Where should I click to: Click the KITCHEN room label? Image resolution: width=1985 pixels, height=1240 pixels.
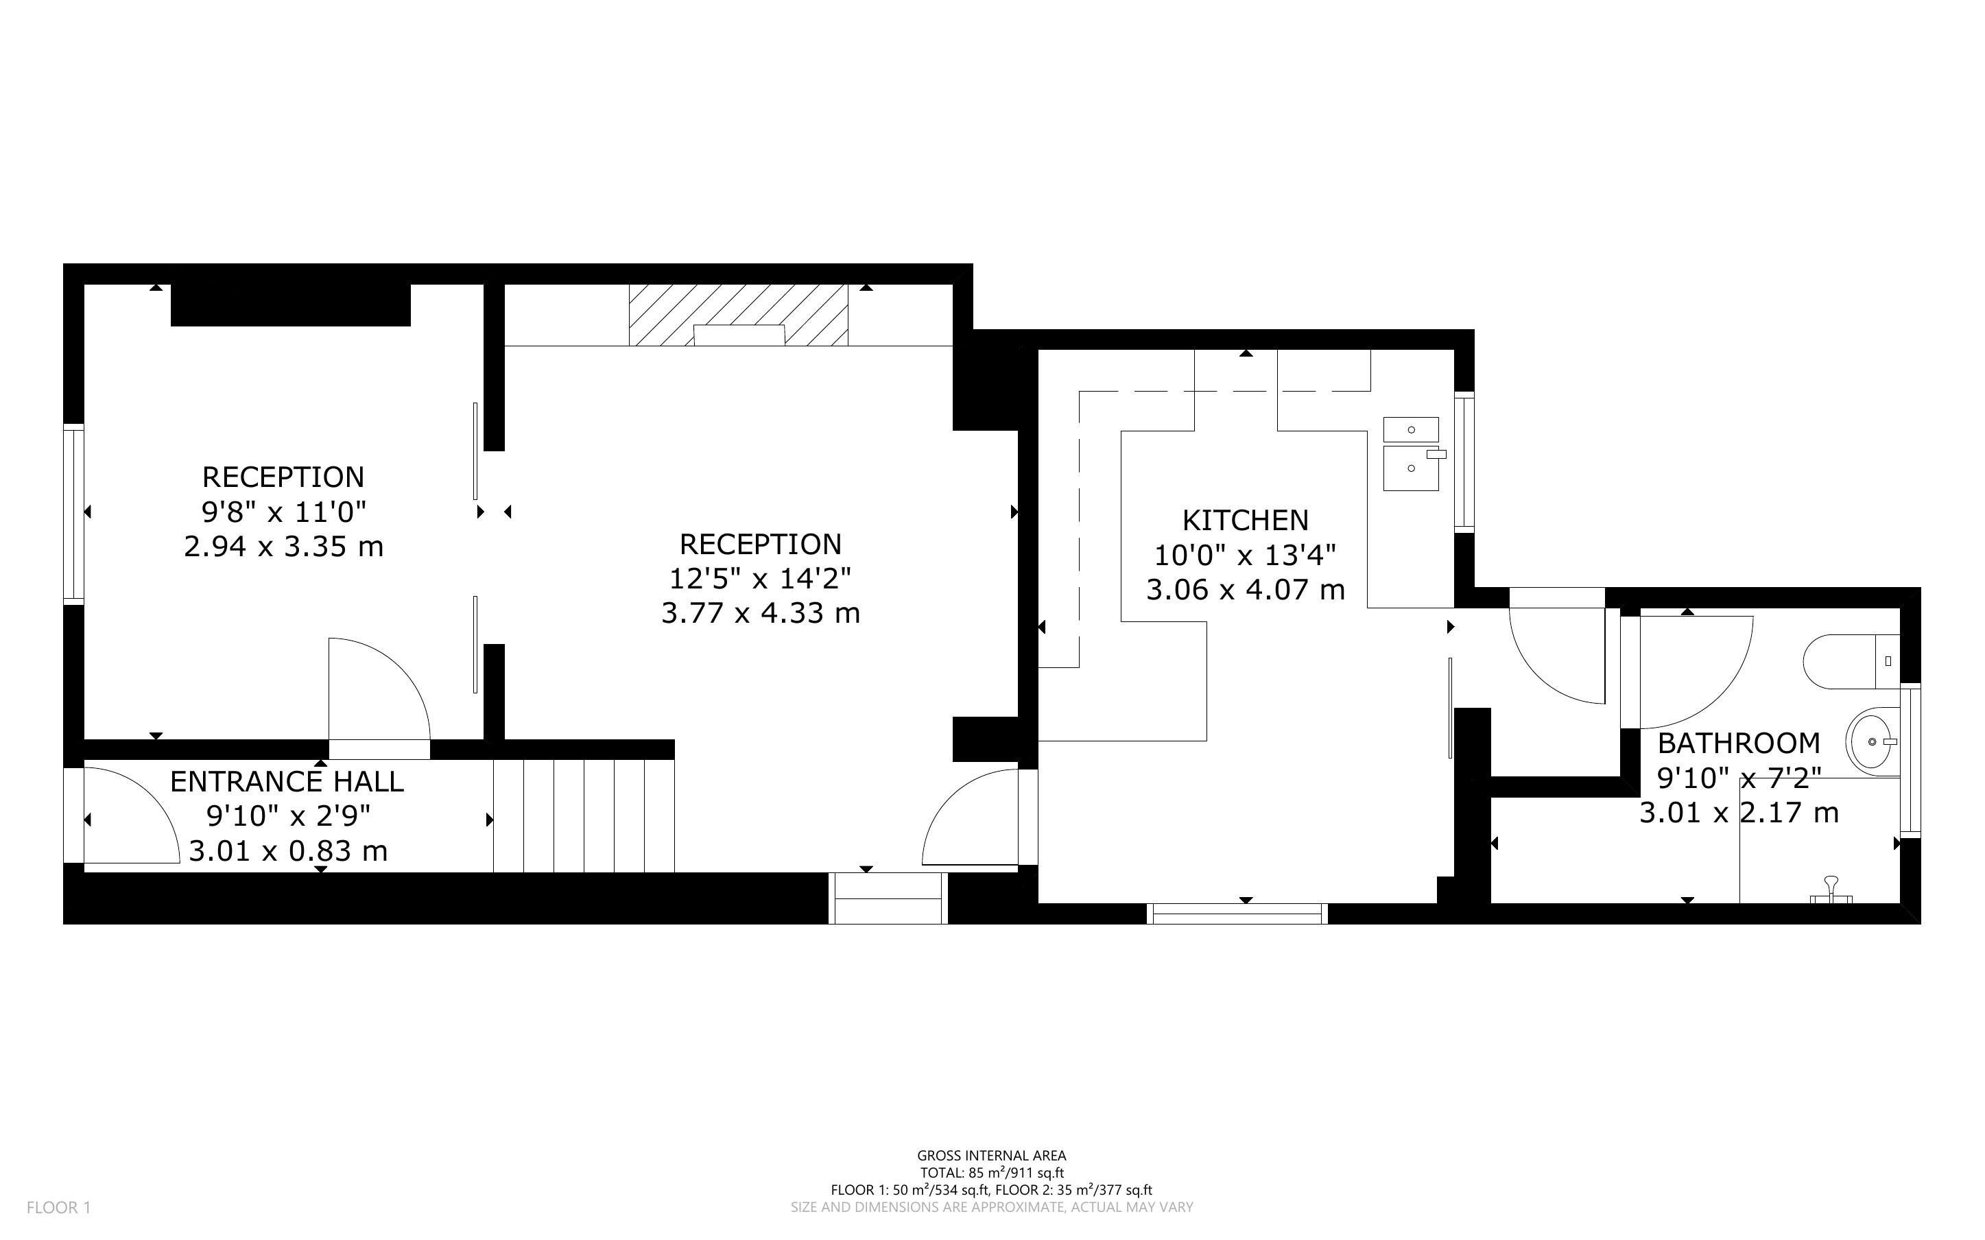click(x=1245, y=520)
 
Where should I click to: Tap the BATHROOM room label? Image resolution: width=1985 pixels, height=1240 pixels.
click(x=1738, y=743)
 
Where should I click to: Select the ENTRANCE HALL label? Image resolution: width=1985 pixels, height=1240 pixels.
click(x=287, y=782)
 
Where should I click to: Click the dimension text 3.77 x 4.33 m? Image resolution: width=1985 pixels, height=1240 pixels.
click(x=761, y=612)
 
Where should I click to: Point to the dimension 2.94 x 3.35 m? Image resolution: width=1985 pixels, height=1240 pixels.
click(x=284, y=546)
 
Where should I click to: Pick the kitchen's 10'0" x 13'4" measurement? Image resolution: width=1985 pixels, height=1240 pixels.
click(x=1245, y=556)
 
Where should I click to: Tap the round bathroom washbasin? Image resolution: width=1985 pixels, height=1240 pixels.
click(x=1873, y=741)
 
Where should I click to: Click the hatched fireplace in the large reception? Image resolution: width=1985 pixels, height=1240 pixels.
click(x=738, y=315)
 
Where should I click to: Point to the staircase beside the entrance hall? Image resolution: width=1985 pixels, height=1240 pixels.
click(x=583, y=816)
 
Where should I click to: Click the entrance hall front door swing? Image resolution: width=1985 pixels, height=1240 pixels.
click(x=131, y=815)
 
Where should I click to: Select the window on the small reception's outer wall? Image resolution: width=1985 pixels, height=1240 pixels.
click(x=74, y=514)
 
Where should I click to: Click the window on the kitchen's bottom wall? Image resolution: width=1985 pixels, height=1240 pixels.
click(x=1237, y=914)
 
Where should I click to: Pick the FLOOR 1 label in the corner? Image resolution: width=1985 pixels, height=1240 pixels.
click(x=59, y=1207)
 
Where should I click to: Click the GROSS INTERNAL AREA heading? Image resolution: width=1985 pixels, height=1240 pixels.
click(x=991, y=1156)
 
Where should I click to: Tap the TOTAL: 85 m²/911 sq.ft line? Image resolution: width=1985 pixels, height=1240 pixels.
click(x=991, y=1173)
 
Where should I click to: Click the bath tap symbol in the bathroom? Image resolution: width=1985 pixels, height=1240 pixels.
click(x=1831, y=891)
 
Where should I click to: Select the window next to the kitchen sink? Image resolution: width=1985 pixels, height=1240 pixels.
click(x=1464, y=462)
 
